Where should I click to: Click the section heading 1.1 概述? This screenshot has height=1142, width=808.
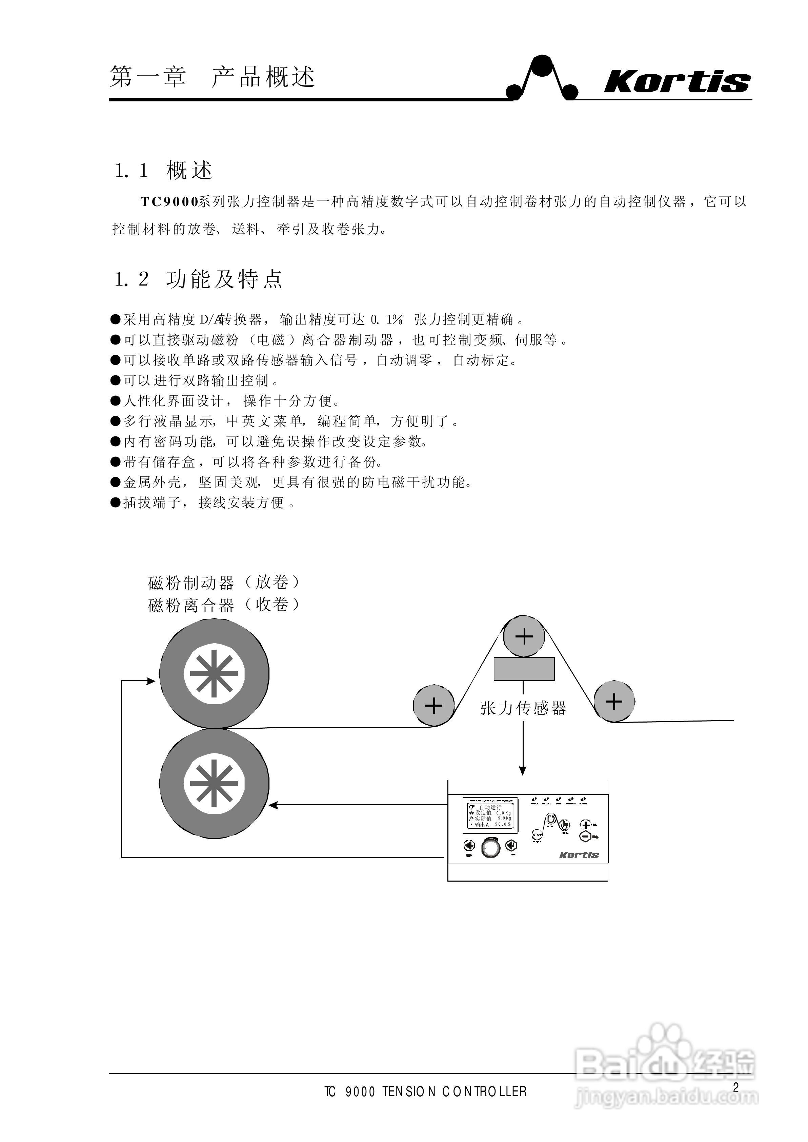(164, 171)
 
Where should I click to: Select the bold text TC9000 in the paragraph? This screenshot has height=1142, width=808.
(169, 201)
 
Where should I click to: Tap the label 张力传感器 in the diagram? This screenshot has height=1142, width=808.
(523, 708)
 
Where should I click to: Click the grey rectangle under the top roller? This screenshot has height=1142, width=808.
(524, 668)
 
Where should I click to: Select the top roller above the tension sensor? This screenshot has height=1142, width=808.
(524, 636)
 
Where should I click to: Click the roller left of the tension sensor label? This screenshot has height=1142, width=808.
(434, 705)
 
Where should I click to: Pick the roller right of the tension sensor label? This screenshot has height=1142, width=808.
(614, 702)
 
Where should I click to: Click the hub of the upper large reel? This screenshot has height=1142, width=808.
(214, 673)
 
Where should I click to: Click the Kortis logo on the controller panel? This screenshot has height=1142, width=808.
(579, 855)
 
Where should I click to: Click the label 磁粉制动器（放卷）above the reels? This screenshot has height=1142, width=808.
(224, 582)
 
